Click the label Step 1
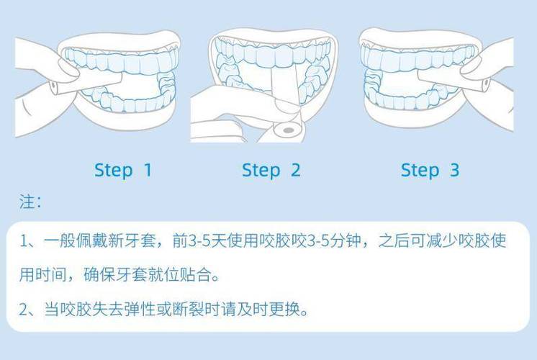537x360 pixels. tap(123, 171)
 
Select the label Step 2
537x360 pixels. tap(271, 171)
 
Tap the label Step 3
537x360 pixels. tap(430, 171)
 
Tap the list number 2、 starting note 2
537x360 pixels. tap(29, 311)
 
